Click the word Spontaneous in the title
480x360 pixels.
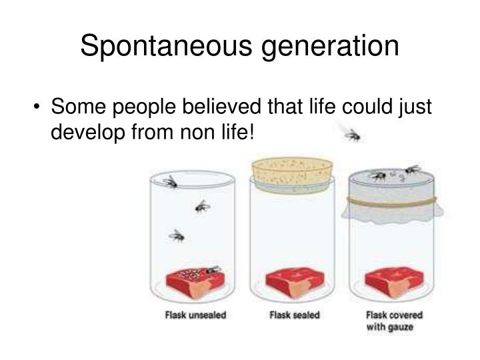tap(161, 47)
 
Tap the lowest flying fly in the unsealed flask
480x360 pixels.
tap(177, 235)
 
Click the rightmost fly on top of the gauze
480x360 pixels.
tap(411, 169)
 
